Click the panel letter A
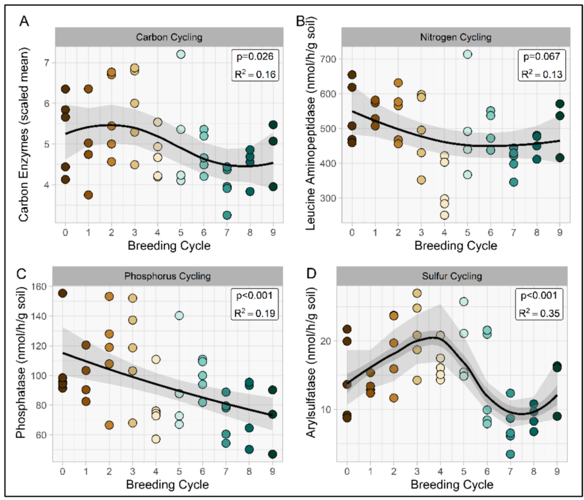tap(24, 21)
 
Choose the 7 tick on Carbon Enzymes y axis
tap(47, 62)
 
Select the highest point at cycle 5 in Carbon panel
tap(181, 54)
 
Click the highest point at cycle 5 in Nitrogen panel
tap(468, 54)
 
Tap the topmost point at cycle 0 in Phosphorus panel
tap(63, 294)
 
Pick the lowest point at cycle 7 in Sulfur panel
tap(510, 454)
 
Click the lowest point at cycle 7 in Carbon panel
tap(227, 215)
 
